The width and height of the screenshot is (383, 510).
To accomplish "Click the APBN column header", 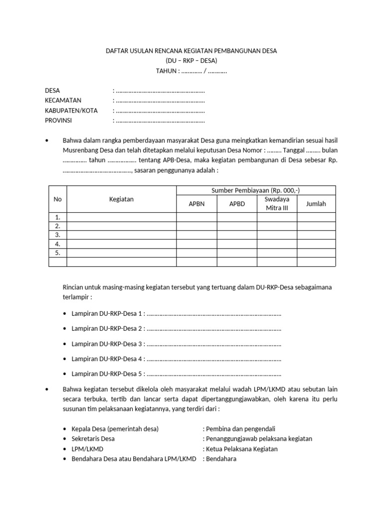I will tap(196, 204).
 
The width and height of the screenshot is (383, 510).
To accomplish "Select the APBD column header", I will tap(237, 204).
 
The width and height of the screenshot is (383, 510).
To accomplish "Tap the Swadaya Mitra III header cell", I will tap(277, 203).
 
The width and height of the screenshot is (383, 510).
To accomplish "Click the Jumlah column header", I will tap(316, 204).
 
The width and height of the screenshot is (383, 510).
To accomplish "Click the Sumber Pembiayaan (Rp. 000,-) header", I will tap(256, 190).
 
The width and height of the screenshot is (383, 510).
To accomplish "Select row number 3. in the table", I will tap(58, 235).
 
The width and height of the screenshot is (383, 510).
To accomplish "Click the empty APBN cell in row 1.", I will tap(196, 217).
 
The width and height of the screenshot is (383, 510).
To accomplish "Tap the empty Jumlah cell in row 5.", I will tap(316, 253).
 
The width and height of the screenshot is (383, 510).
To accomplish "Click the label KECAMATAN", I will tap(63, 100).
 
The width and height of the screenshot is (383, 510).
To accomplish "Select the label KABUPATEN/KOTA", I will tap(71, 110).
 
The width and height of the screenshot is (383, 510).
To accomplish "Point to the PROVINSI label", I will tap(58, 120).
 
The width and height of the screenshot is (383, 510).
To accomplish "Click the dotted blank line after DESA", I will tap(160, 91).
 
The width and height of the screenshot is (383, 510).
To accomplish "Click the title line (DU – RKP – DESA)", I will tap(191, 61).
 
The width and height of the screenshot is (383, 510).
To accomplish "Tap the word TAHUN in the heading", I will tap(167, 71).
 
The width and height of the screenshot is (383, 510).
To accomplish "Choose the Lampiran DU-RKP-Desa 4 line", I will tap(177, 359).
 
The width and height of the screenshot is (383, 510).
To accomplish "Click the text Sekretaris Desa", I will tap(93, 439).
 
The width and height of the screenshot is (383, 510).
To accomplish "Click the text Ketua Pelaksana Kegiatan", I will tap(242, 449).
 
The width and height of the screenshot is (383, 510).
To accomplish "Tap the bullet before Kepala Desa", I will tap(66, 429).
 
